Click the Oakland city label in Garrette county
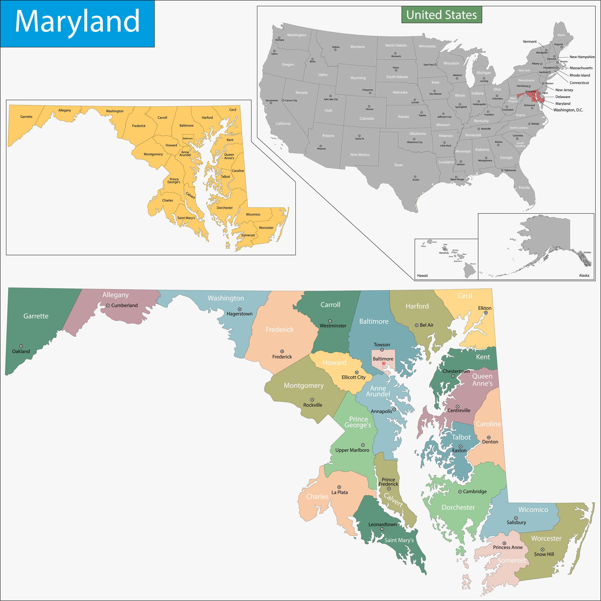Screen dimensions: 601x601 coord(21,351)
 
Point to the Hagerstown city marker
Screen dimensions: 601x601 coord(240,309)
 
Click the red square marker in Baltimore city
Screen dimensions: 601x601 coord(384,363)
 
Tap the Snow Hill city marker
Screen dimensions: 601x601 coord(543,549)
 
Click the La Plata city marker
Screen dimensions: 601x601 coord(339,487)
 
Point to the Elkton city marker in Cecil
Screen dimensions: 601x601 coord(486,313)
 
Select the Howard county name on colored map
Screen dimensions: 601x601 coord(334,362)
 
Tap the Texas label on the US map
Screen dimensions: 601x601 coord(398,165)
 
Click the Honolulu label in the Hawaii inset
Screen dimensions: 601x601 coord(444,253)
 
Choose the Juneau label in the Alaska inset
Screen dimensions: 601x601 coord(587,252)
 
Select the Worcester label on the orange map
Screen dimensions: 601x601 coord(266,228)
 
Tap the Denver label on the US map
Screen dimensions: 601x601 coord(370,109)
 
